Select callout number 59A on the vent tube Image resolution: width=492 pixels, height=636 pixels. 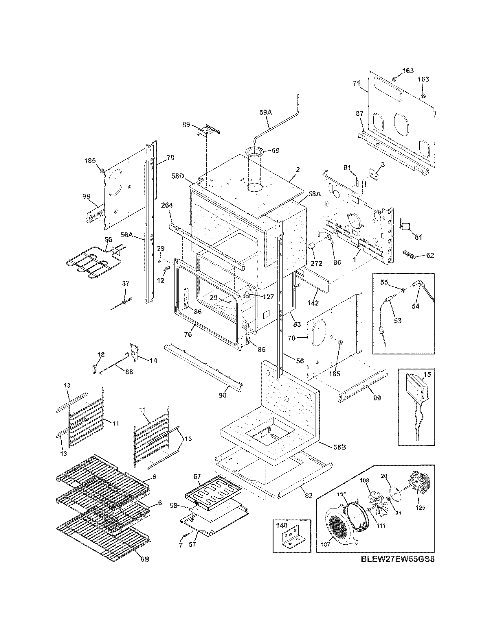click(x=265, y=112)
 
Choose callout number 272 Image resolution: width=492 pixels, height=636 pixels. click(x=316, y=264)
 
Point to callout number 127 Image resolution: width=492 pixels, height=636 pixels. click(x=268, y=297)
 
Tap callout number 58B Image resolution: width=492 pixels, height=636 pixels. click(x=340, y=455)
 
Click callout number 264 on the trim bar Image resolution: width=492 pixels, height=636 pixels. click(x=167, y=206)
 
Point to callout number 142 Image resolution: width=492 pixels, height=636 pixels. click(x=313, y=303)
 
